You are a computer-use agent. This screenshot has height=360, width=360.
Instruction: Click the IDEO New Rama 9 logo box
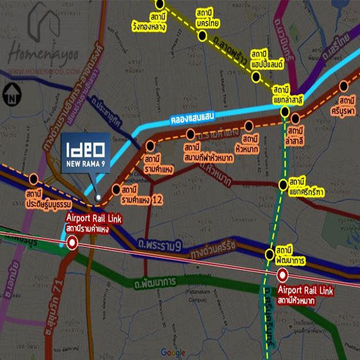85,152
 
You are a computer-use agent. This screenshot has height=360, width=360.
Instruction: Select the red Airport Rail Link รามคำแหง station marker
72,243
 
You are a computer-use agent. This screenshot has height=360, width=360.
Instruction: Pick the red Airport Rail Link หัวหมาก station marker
282,275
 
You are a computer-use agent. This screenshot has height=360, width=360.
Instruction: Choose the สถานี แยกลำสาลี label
287,94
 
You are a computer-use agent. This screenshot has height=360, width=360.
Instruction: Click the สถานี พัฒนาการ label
290,256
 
